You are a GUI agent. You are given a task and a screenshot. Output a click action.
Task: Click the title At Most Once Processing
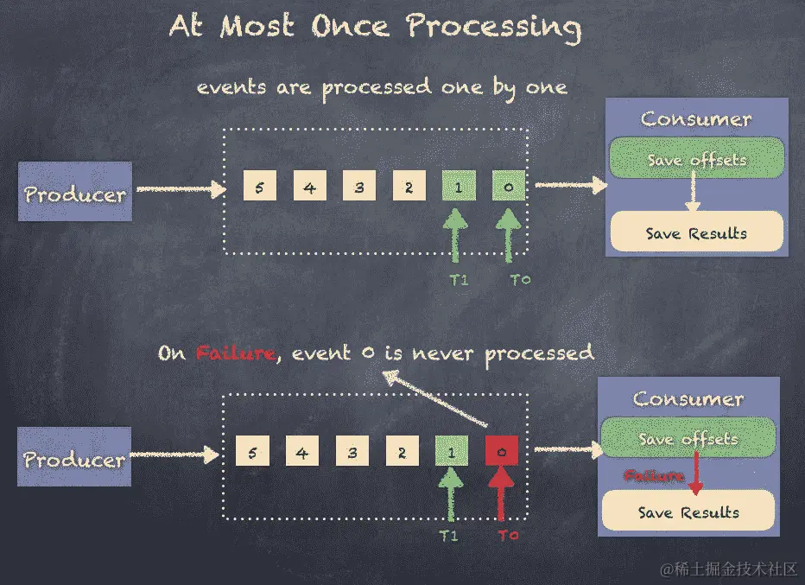tap(375, 26)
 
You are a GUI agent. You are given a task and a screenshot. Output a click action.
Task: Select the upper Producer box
tap(75, 192)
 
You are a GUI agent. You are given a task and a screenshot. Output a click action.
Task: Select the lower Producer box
tap(75, 457)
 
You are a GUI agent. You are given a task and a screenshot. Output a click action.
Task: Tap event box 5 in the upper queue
tap(260, 186)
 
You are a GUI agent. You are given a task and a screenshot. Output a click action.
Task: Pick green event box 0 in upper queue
tap(509, 186)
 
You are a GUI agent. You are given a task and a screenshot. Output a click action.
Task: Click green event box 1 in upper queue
tap(459, 186)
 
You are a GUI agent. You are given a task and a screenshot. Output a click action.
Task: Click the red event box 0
tap(501, 451)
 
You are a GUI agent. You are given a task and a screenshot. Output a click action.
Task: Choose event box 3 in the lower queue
tap(352, 451)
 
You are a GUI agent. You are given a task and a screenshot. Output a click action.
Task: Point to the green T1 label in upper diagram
tap(458, 280)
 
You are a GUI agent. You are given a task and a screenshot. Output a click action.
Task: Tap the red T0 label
tap(508, 535)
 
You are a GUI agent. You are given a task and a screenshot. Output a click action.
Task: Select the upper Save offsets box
tap(696, 159)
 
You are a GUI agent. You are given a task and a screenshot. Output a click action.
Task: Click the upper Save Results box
tap(696, 232)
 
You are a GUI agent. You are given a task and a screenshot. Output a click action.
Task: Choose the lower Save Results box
tap(688, 512)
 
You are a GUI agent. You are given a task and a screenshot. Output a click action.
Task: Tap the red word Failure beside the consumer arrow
tap(653, 475)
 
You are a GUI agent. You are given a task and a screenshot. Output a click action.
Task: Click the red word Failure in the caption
tap(235, 353)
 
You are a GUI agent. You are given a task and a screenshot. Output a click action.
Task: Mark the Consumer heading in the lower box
tap(688, 399)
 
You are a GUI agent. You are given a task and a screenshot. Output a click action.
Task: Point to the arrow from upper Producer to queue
tap(180, 187)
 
